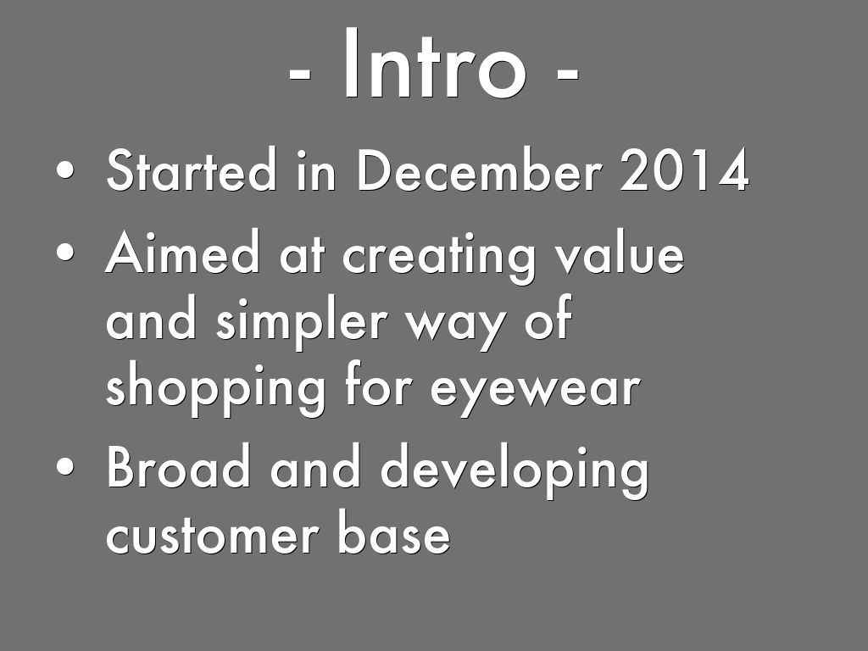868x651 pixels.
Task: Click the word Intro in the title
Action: pyautogui.click(x=435, y=64)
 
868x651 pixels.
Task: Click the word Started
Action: pyautogui.click(x=191, y=170)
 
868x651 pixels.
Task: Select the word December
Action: pyautogui.click(x=480, y=170)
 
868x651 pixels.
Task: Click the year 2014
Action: pyautogui.click(x=684, y=170)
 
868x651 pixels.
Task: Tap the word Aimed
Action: pyautogui.click(x=182, y=252)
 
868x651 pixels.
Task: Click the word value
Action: pyautogui.click(x=620, y=252)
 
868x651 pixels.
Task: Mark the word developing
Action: pyautogui.click(x=515, y=470)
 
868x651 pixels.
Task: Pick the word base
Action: pyautogui.click(x=393, y=531)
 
